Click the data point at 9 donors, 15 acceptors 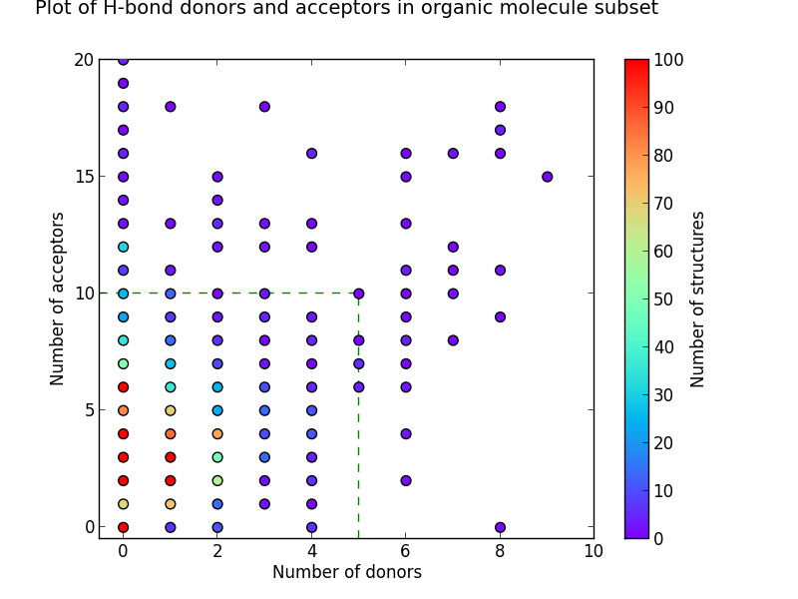click(548, 177)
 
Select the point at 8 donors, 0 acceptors click(500, 527)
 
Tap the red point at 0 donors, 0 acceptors click(123, 527)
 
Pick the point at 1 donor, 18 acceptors click(170, 107)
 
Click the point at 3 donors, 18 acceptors click(264, 107)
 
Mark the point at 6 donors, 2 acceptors click(406, 480)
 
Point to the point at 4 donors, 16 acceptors click(311, 154)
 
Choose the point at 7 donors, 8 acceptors click(453, 340)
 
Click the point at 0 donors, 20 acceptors click(123, 60)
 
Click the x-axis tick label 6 click(406, 552)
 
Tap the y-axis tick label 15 click(83, 177)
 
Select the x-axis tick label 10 click(594, 552)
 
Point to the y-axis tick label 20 click(83, 60)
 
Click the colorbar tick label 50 click(668, 299)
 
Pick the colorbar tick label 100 click(672, 60)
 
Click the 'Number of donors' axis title click(346, 572)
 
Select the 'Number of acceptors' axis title click(58, 299)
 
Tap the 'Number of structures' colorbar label click(698, 299)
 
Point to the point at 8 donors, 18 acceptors click(500, 107)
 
